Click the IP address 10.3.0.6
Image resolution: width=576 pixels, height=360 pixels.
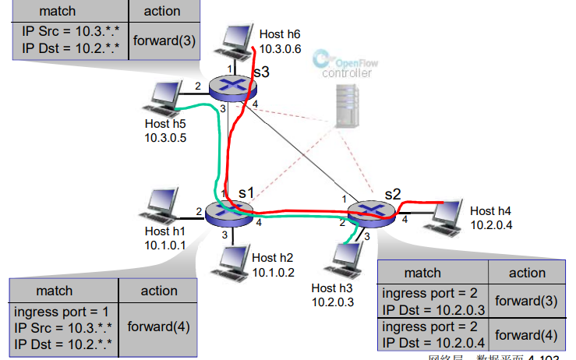280,48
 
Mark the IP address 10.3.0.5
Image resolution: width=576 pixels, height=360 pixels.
165,137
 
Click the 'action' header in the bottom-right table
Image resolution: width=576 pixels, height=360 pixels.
527,273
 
